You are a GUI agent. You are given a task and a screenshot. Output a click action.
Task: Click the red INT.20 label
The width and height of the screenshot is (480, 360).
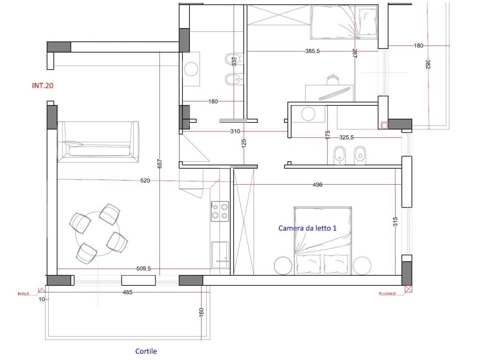(x=43, y=86)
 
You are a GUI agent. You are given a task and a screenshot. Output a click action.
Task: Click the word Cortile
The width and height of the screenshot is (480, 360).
(x=146, y=351)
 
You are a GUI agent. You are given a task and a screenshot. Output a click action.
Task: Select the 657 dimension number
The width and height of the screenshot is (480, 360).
(x=159, y=164)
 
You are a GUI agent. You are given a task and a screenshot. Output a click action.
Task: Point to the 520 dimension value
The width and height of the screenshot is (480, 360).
(x=145, y=180)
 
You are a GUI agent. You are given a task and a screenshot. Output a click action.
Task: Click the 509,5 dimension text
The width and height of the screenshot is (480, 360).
(x=143, y=269)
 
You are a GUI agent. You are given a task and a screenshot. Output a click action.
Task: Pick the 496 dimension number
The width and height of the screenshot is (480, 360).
(x=317, y=185)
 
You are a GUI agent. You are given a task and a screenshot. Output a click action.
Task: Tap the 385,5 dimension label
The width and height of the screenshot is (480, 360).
(x=312, y=52)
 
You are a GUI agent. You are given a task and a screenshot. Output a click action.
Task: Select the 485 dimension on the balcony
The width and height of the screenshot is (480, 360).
(x=127, y=292)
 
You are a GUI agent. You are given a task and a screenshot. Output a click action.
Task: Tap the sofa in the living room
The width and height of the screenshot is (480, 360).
(x=98, y=142)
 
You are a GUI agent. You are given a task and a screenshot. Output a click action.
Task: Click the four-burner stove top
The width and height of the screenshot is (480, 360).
(x=220, y=211)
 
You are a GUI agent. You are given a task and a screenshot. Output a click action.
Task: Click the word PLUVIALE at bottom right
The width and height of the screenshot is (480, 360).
(x=387, y=294)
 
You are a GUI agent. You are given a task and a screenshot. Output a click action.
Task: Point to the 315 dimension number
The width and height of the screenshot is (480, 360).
(x=395, y=221)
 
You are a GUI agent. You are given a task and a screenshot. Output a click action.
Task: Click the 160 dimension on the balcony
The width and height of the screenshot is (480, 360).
(x=202, y=312)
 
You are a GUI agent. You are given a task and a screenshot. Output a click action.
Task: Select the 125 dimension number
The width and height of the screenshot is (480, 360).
(x=244, y=144)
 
